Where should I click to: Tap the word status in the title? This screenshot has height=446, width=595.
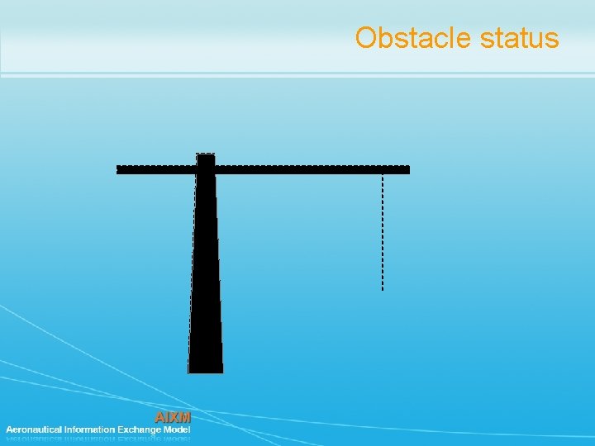click(524, 38)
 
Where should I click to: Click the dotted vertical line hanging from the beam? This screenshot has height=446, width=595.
click(383, 231)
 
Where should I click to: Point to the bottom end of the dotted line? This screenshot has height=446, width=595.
click(383, 288)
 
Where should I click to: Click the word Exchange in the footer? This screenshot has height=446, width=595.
click(140, 429)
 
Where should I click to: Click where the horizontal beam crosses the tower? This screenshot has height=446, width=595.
click(206, 169)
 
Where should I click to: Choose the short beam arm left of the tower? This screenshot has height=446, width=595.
click(157, 169)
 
